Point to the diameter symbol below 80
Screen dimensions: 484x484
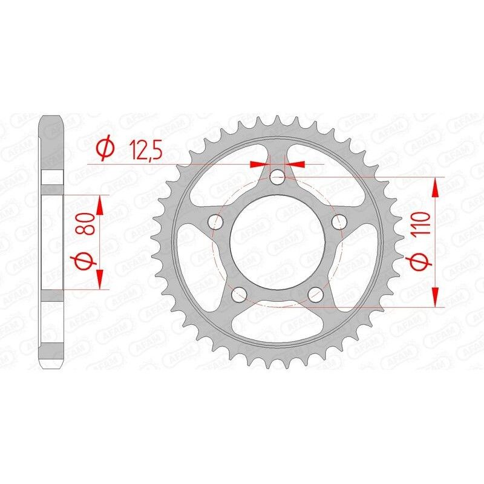click(x=84, y=262)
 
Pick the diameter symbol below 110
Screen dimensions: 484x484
click(x=423, y=261)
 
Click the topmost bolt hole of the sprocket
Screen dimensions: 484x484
click(x=278, y=177)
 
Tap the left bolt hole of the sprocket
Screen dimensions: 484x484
click(x=214, y=223)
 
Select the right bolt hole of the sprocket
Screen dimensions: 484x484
click(x=341, y=223)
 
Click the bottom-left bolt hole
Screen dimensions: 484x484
click(x=238, y=295)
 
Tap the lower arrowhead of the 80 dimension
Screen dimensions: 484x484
click(x=100, y=280)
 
